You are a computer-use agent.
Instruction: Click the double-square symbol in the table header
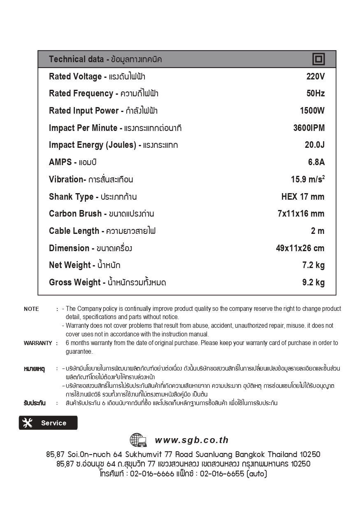[x=318, y=59]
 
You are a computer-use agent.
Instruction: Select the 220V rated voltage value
[x=316, y=77]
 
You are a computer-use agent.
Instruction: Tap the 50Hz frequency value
[x=316, y=93]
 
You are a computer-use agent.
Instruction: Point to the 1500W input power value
[x=312, y=111]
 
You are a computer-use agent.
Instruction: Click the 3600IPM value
[x=309, y=128]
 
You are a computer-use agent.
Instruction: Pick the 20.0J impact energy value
[x=314, y=145]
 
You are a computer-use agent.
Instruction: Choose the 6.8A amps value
[x=316, y=162]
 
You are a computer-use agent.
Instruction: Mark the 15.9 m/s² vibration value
[x=308, y=179]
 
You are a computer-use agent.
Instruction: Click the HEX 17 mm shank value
[x=303, y=197]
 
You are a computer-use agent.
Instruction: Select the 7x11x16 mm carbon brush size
[x=301, y=214]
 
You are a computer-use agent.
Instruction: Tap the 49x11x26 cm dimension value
[x=300, y=248]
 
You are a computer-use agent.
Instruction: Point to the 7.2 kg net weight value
[x=313, y=265]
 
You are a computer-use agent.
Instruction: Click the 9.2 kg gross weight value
[x=313, y=282]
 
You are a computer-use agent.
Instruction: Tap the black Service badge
[x=48, y=423]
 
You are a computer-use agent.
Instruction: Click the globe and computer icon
[x=138, y=440]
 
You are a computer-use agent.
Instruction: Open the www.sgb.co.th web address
[x=192, y=440]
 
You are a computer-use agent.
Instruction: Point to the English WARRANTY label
[x=38, y=343]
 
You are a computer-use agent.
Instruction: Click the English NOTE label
[x=31, y=309]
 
